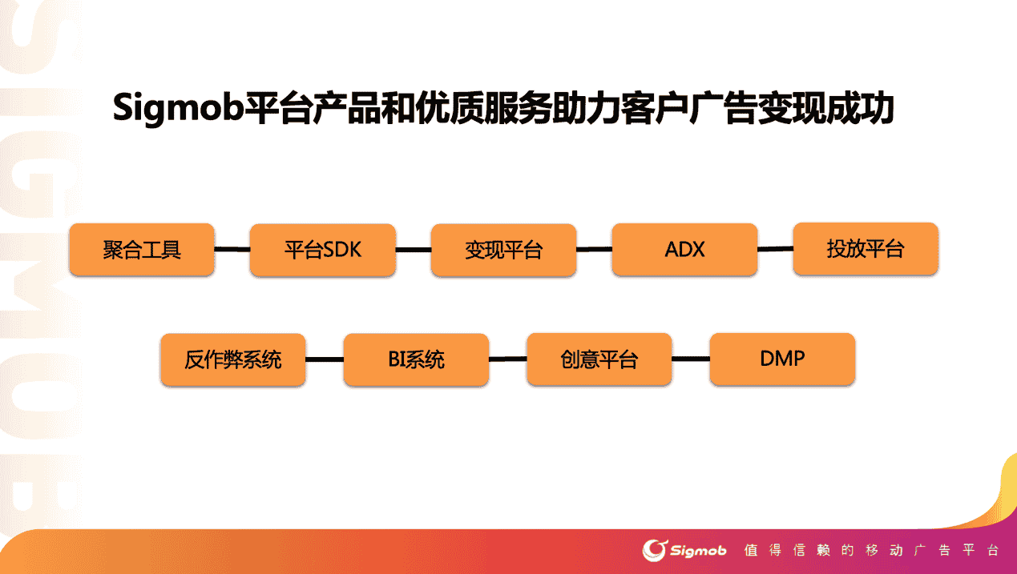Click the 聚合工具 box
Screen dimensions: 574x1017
(142, 250)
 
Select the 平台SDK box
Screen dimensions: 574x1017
(323, 250)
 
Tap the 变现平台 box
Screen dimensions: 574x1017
(503, 250)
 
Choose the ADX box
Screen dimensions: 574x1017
(684, 250)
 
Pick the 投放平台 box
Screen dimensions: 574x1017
(865, 249)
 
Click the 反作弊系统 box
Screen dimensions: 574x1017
(233, 359)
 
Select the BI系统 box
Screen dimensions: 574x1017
(416, 359)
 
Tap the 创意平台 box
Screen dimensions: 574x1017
(599, 359)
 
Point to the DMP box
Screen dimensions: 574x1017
(782, 359)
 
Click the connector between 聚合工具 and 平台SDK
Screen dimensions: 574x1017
(232, 250)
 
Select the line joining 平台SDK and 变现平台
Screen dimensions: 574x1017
(413, 250)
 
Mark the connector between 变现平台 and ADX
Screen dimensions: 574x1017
(594, 250)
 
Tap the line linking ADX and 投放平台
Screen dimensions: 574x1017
(775, 249)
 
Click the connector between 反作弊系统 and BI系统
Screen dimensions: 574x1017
(325, 359)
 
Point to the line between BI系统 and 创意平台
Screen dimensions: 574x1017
(507, 359)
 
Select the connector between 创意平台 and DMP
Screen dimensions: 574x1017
(691, 359)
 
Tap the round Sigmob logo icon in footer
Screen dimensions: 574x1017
(655, 550)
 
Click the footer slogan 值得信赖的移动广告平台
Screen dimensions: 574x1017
(871, 551)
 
